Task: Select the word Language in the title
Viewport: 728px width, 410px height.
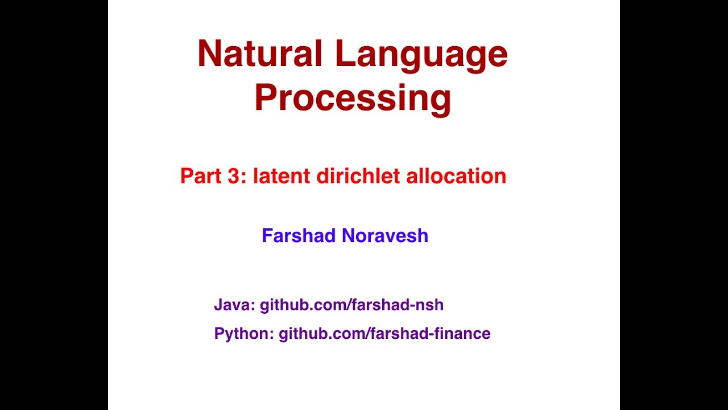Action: click(421, 55)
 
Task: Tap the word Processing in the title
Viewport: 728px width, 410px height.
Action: click(353, 98)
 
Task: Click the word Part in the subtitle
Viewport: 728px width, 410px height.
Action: click(198, 176)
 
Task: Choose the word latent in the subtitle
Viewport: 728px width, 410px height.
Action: click(282, 176)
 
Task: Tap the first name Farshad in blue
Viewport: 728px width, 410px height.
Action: click(297, 236)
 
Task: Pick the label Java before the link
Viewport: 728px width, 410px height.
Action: click(233, 305)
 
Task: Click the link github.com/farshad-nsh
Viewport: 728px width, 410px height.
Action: click(351, 305)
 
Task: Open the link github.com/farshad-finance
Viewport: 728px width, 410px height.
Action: click(384, 334)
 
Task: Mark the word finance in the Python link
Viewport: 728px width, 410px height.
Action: click(461, 334)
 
